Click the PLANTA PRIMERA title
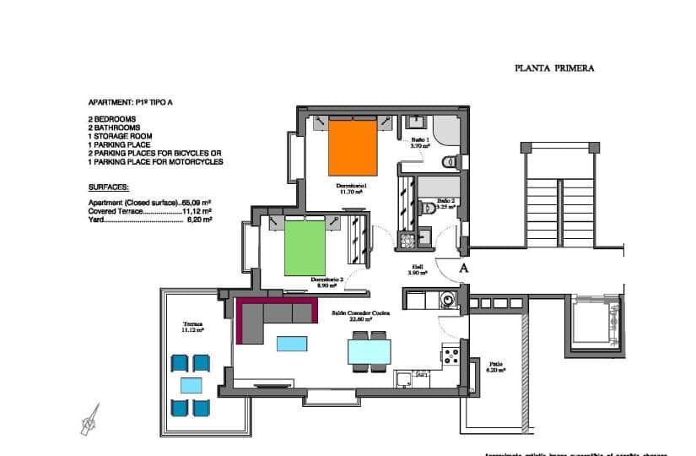point(554,70)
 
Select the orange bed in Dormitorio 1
point(352,144)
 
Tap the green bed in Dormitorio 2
point(305,246)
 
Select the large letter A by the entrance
point(462,268)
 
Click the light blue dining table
point(369,349)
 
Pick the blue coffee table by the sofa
point(291,343)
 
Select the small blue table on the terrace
point(190,386)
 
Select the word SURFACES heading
point(106,191)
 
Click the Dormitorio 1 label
point(348,187)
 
